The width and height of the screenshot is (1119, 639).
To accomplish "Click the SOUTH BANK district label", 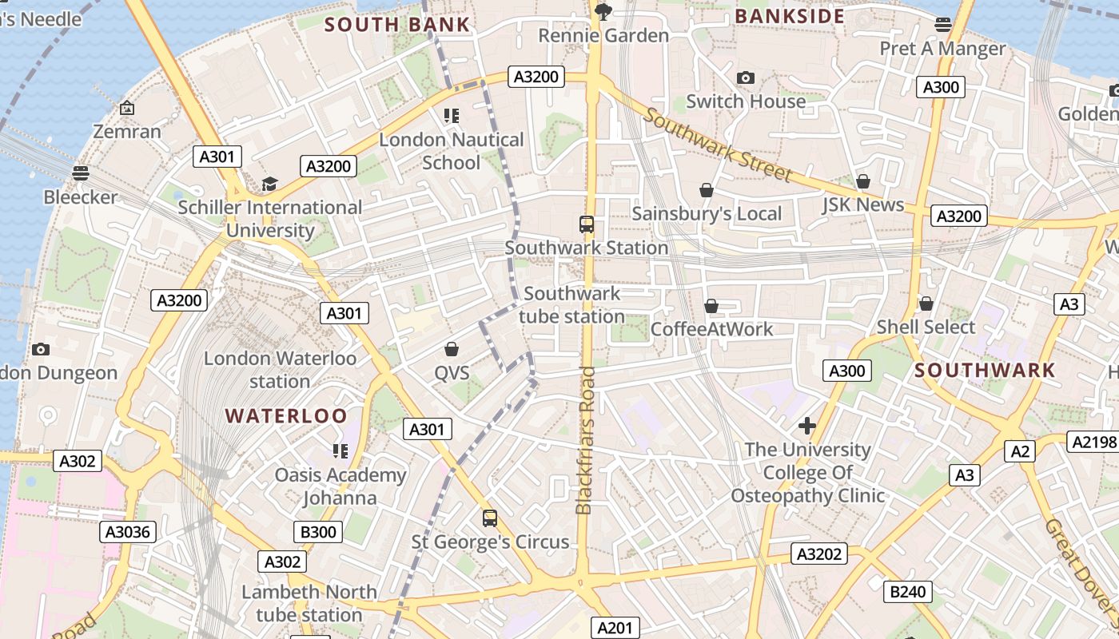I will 397,24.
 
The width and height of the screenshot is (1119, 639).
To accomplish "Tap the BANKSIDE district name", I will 790,16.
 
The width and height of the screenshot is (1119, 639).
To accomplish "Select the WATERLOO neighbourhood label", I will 286,415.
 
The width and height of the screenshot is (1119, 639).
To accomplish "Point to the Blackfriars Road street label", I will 585,440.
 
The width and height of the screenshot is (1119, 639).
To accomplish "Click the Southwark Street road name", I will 718,145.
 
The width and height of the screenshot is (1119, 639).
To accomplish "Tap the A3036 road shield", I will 128,532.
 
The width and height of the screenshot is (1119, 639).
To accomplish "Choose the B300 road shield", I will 318,532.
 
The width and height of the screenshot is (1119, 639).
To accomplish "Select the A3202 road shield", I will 819,554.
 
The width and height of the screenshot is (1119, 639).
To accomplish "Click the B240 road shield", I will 908,592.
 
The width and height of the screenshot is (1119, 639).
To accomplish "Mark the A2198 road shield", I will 1093,442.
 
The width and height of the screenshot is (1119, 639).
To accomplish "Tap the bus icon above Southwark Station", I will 587,224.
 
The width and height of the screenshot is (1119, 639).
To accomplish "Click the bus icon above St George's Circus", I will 490,518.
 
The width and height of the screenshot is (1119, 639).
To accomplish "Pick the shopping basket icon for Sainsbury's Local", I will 707,190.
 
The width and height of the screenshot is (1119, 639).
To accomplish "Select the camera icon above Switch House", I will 746,77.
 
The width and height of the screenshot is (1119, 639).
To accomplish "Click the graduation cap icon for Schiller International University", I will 269,185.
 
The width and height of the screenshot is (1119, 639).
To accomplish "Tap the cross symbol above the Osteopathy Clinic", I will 807,426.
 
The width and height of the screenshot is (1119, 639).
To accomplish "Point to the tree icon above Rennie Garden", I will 603,11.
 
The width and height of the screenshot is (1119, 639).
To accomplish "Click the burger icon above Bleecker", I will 80,173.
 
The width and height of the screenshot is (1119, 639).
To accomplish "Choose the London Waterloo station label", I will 280,369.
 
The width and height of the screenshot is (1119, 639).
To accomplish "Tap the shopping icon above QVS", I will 452,349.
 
